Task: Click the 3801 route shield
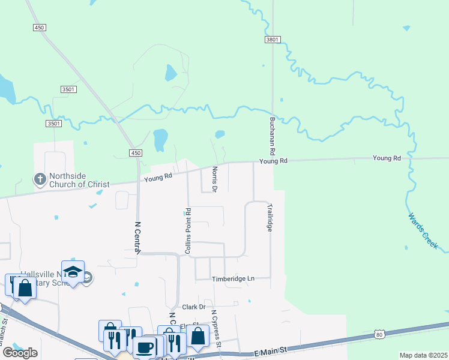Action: tap(272, 40)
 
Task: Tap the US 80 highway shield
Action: tap(378, 334)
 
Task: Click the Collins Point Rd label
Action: tap(188, 230)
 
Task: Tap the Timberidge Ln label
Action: tap(233, 279)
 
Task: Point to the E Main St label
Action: tap(271, 350)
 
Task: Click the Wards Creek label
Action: tap(423, 231)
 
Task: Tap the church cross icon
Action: tap(40, 179)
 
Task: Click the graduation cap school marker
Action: tap(73, 272)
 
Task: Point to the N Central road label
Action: tap(137, 238)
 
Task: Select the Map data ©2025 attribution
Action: tap(424, 355)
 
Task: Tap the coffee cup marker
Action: tap(144, 347)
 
